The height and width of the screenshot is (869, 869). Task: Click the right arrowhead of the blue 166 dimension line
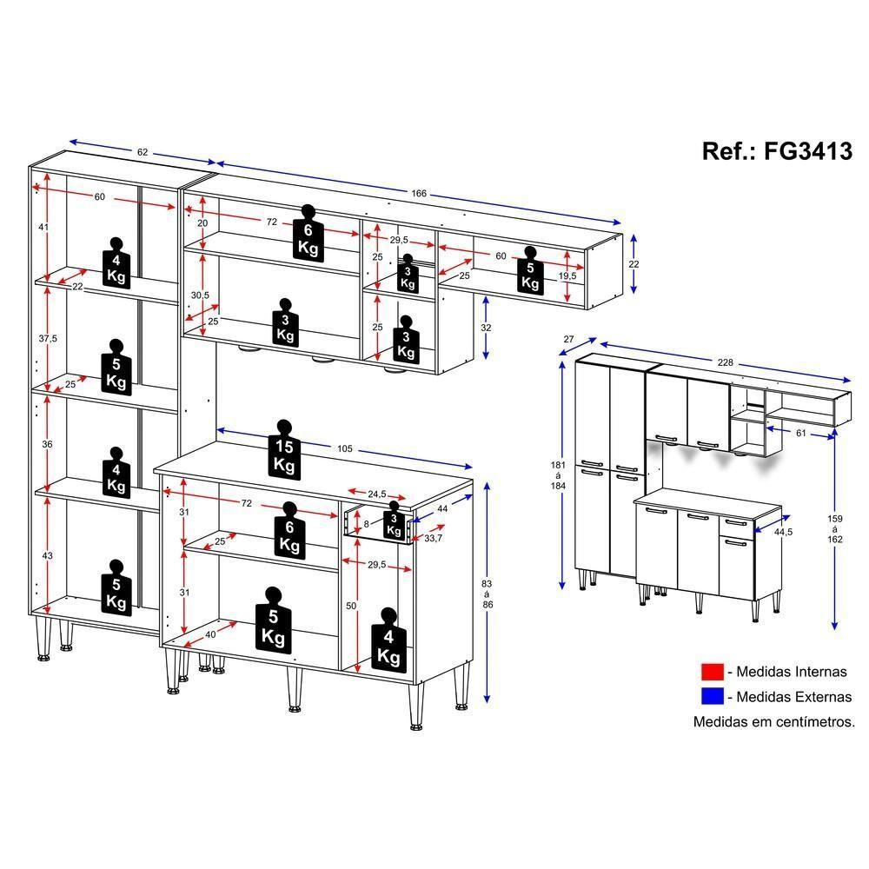617,222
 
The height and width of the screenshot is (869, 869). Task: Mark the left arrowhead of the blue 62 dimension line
73,142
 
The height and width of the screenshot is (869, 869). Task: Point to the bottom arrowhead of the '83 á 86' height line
488,699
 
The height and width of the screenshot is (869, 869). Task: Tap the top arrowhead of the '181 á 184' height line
562,365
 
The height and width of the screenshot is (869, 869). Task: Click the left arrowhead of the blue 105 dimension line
221,430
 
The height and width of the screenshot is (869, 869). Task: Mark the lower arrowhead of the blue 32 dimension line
486,355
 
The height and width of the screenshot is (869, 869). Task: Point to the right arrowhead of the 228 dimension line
846,381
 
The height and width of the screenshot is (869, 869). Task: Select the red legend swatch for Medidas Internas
713,672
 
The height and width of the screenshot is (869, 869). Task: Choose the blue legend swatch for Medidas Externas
713,696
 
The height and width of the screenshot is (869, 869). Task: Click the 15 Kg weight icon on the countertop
284,450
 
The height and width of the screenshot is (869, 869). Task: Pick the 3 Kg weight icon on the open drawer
394,521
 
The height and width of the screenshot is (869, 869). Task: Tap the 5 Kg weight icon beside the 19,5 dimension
530,271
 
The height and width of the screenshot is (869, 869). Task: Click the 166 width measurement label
419,194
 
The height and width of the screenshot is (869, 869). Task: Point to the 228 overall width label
725,362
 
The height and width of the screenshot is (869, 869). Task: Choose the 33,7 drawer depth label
434,538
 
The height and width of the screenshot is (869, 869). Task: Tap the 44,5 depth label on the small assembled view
783,532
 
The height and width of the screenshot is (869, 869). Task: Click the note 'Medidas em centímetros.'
774,721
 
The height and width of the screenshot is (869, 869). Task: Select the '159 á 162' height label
834,528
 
